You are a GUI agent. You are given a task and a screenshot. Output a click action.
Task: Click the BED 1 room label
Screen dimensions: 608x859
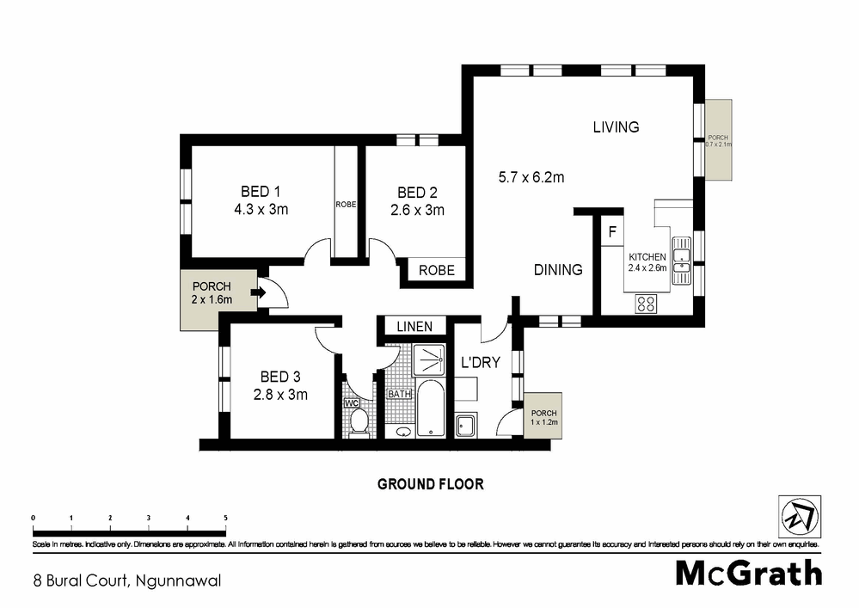(261, 191)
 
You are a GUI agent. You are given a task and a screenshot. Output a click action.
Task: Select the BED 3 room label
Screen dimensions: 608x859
(280, 376)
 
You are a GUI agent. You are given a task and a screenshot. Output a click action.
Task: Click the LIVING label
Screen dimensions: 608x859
(616, 127)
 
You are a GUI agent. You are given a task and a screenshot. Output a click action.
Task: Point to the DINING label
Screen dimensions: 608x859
(558, 270)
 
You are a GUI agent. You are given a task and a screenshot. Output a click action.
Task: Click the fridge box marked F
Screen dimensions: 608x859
(612, 232)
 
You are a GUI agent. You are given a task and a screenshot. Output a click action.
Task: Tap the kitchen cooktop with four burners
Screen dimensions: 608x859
(647, 303)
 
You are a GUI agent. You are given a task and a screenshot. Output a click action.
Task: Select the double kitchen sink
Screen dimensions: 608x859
(682, 260)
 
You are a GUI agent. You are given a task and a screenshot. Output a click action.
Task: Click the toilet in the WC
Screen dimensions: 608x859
(359, 421)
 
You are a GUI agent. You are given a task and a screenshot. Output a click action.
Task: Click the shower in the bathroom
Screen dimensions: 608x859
(428, 359)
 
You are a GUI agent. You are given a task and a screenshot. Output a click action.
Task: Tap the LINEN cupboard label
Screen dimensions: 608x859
(414, 327)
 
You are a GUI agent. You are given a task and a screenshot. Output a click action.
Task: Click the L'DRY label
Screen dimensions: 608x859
(481, 363)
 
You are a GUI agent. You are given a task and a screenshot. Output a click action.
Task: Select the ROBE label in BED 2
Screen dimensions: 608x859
(436, 270)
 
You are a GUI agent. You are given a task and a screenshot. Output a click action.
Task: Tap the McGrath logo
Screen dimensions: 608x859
(748, 573)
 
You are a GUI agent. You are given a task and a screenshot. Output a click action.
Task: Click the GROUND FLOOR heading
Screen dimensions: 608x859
(431, 484)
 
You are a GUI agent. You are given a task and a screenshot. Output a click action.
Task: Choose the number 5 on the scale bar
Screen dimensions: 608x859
(225, 517)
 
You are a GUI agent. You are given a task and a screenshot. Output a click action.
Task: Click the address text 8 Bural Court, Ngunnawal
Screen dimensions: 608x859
(127, 580)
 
